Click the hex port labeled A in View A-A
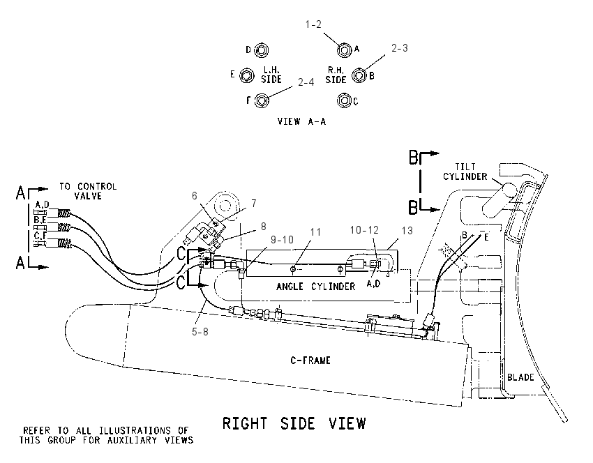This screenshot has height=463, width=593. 345,50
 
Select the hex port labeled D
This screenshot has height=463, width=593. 261,50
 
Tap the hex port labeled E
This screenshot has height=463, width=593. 247,75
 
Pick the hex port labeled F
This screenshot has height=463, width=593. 262,100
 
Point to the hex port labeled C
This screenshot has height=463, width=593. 344,100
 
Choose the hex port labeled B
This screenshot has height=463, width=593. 359,75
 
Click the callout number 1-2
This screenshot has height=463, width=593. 313,24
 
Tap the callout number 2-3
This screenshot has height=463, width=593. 399,48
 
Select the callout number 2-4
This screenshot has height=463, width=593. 306,82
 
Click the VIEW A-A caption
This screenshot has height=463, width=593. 301,121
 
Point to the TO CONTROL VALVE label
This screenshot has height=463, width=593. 88,191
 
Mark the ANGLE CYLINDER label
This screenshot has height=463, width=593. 316,287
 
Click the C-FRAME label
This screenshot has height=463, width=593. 310,360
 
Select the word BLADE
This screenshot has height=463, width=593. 520,377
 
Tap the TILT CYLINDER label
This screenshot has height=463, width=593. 465,172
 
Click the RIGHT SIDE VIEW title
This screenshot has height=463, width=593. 294,423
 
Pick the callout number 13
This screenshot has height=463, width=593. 407,231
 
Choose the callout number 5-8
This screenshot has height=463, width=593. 200,332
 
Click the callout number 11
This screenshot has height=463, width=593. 315,232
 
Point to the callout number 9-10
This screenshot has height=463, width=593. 282,240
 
